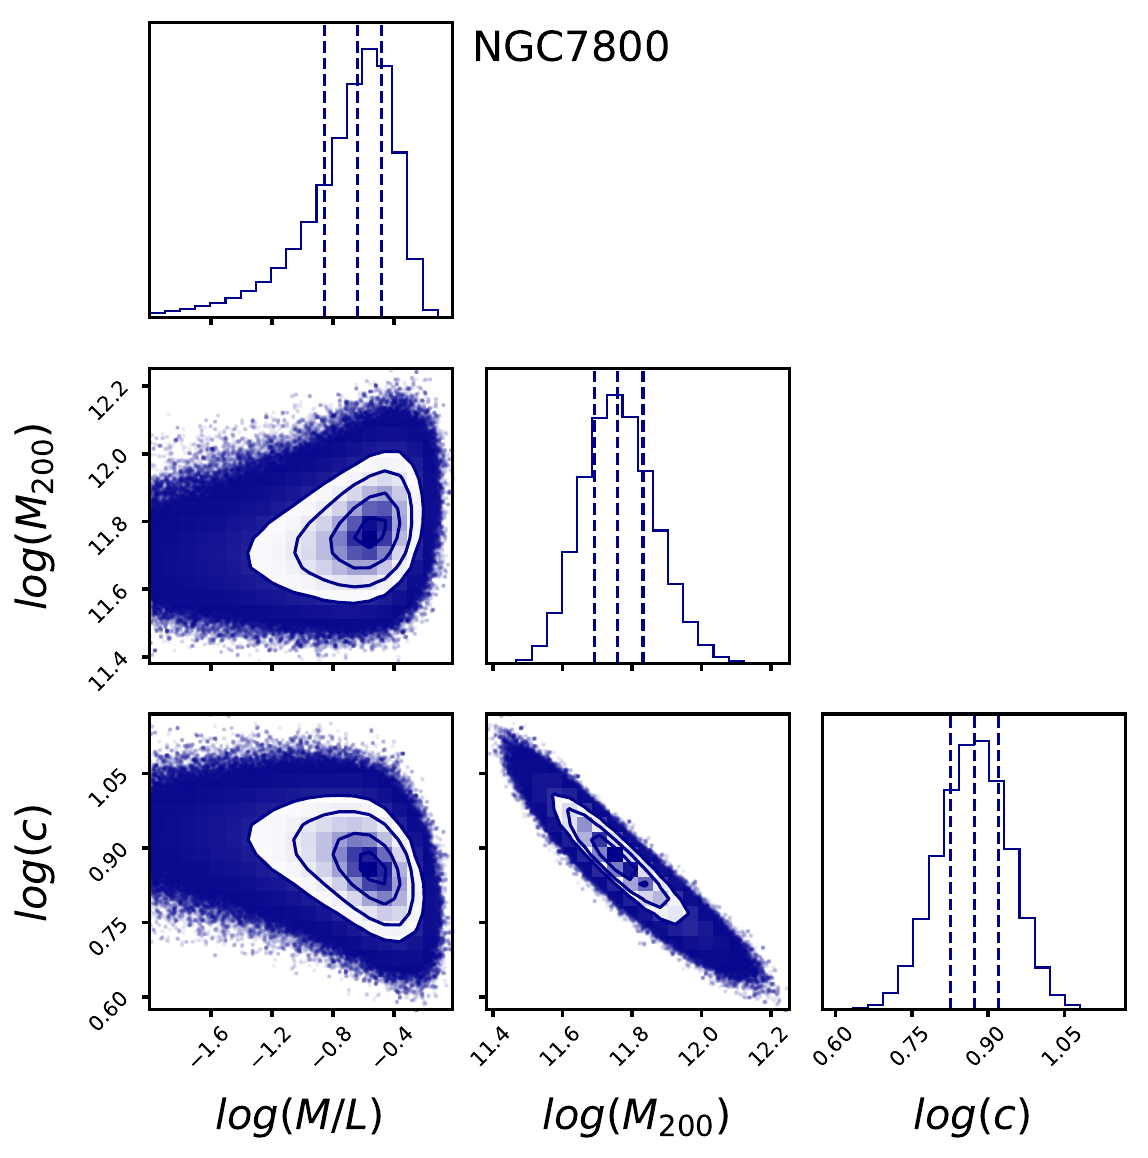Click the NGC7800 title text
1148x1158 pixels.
tap(570, 48)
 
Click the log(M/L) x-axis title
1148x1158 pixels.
tap(299, 1115)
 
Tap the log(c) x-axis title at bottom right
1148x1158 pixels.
tap(971, 1115)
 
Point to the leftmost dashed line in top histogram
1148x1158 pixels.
tap(324, 170)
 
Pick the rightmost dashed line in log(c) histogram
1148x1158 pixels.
tap(998, 860)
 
